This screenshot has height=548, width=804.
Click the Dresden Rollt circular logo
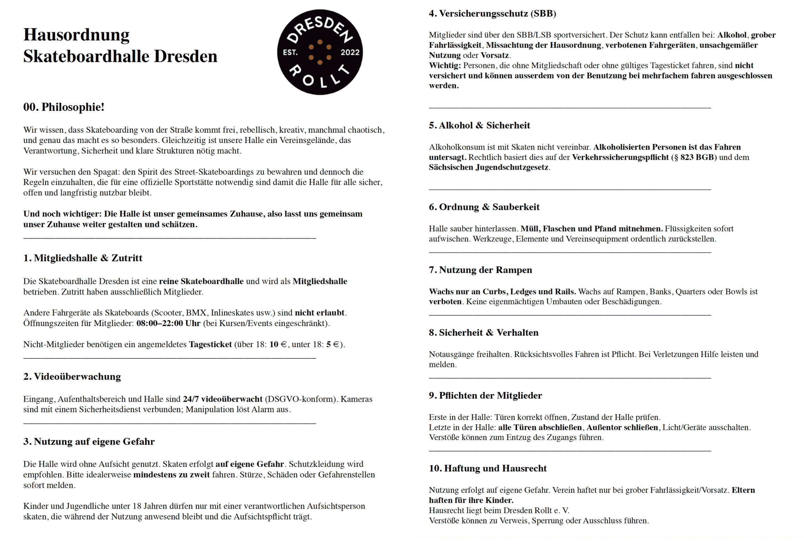pyautogui.click(x=320, y=52)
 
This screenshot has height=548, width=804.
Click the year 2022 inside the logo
pyautogui.click(x=350, y=52)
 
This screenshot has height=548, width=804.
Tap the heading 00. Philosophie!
pyautogui.click(x=64, y=107)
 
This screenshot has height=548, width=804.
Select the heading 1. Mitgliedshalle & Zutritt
pyautogui.click(x=83, y=258)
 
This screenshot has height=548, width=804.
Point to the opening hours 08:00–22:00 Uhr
pyautogui.click(x=168, y=323)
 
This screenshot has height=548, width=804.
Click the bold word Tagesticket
pyautogui.click(x=210, y=344)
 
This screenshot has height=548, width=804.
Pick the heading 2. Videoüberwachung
pyautogui.click(x=72, y=377)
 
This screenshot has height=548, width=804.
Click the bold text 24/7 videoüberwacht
pyautogui.click(x=222, y=399)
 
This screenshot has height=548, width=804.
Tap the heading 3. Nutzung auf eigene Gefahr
pyautogui.click(x=89, y=442)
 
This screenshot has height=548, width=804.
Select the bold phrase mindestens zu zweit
pyautogui.click(x=171, y=474)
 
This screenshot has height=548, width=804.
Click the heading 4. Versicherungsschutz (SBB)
pyautogui.click(x=492, y=13)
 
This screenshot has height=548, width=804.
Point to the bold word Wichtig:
pyautogui.click(x=445, y=65)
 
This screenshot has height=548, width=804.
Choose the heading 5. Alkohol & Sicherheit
pyautogui.click(x=479, y=125)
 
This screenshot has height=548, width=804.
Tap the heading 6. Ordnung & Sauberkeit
pyautogui.click(x=484, y=207)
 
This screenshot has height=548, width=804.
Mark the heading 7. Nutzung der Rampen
pyautogui.click(x=480, y=270)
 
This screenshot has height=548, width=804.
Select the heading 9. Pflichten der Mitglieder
pyautogui.click(x=485, y=395)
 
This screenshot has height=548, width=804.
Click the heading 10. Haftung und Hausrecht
pyautogui.click(x=487, y=469)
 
